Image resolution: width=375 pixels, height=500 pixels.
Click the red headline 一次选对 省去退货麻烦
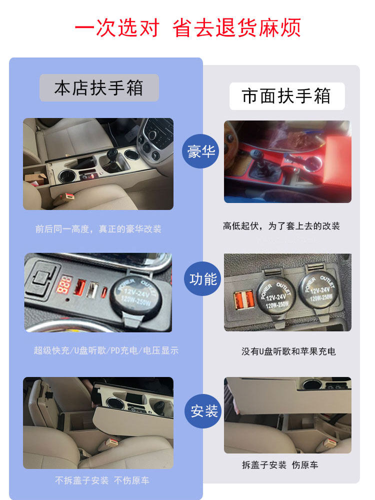[187, 27]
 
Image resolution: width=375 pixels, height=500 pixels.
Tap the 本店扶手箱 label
[99, 88]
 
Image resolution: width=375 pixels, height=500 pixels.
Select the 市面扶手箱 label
[286, 96]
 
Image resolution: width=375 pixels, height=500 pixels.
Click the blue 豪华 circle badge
[200, 151]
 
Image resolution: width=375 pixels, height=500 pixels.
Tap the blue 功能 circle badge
[202, 279]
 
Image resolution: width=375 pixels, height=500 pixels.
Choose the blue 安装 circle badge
[203, 411]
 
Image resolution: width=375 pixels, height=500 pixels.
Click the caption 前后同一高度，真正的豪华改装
[98, 229]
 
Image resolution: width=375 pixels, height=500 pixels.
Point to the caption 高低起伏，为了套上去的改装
[281, 226]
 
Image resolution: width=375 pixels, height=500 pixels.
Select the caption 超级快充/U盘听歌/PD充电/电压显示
[106, 350]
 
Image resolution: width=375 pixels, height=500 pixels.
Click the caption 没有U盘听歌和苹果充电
[288, 351]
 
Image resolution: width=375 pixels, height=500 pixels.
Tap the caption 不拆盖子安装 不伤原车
[102, 480]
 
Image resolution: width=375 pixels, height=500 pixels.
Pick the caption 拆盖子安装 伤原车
[280, 465]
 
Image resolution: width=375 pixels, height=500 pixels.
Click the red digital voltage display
[63, 284]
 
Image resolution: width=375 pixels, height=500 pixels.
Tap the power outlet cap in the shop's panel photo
[135, 296]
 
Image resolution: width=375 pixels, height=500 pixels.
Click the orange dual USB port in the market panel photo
[244, 299]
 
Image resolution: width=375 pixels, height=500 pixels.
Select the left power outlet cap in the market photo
[276, 296]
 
